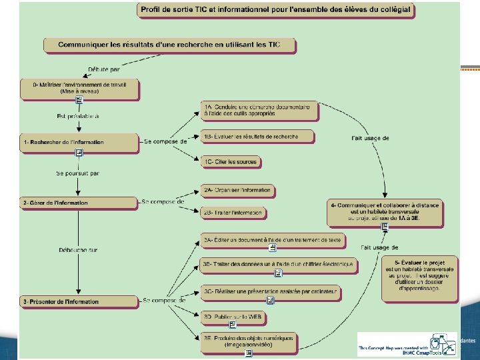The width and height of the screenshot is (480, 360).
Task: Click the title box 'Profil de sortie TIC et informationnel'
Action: [275, 11]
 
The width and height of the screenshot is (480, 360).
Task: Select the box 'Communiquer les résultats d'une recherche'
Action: [170, 45]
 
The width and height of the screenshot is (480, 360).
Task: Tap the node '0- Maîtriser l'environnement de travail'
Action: [79, 88]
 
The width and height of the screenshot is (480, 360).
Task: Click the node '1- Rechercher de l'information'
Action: [79, 142]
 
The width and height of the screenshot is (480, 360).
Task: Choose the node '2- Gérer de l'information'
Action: [79, 202]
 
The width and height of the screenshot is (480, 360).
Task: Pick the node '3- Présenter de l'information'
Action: [79, 302]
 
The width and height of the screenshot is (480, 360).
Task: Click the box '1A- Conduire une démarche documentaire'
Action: [260, 111]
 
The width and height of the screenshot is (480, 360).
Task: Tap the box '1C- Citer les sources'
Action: [230, 162]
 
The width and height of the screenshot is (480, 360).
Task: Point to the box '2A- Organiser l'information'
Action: [237, 190]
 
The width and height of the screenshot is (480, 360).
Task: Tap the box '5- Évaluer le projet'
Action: [424, 275]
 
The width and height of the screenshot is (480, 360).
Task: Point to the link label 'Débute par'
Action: [105, 68]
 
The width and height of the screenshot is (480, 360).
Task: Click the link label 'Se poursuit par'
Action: [77, 173]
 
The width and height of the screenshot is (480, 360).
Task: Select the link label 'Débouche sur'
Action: [77, 250]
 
